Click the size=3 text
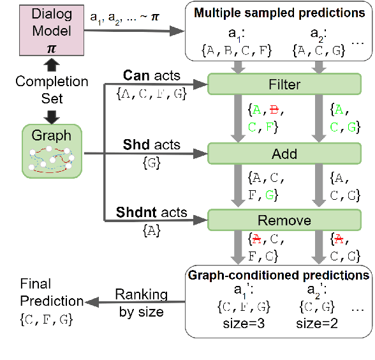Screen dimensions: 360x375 243,323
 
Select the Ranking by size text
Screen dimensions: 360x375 141,303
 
